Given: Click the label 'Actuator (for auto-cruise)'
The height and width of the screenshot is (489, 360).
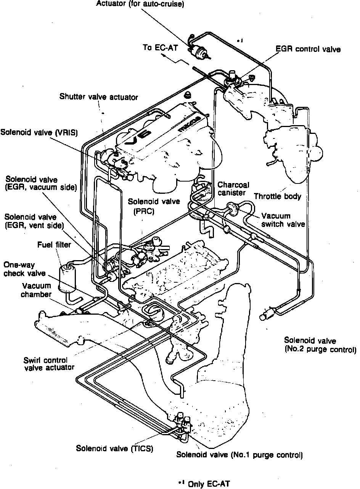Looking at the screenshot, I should tap(140, 4).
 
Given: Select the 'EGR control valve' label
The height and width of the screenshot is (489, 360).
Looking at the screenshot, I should tap(308, 49).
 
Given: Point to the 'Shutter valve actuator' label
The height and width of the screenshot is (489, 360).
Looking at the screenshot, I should tap(98, 97).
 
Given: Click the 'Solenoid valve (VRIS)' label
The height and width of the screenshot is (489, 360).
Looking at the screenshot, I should tap(39, 132).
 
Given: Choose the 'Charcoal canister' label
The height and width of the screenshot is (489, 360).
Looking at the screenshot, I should tap(234, 188).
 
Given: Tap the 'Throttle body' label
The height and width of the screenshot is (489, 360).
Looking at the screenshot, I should tap(278, 196).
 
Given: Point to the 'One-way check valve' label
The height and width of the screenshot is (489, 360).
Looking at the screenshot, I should tap(24, 269).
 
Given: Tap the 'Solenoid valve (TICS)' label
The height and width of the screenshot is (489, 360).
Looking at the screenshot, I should tap(114, 449).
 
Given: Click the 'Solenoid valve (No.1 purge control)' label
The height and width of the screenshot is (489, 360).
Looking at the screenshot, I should tap(239, 455).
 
